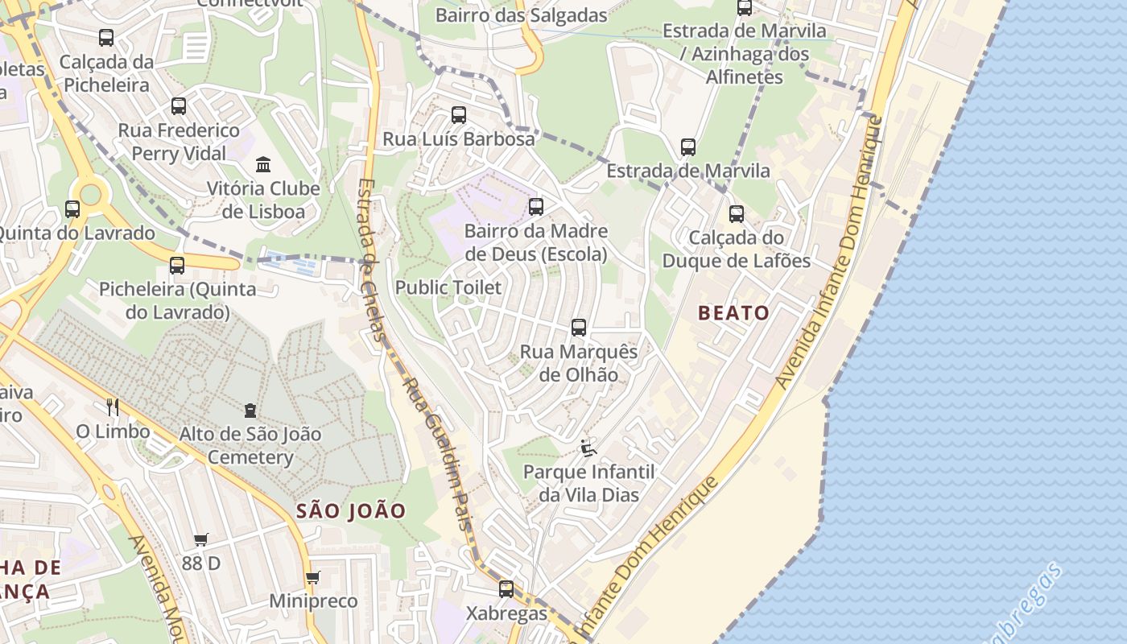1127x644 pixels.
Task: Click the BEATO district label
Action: point(733,313)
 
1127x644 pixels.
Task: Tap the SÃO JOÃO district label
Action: point(351,510)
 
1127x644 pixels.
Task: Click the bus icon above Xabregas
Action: point(506,589)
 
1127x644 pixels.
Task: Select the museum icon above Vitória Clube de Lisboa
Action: point(263,165)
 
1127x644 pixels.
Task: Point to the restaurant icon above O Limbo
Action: point(113,407)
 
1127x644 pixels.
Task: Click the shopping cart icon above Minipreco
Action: point(312,577)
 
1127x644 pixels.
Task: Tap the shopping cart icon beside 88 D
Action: point(200,539)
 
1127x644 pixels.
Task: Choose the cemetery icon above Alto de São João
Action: point(250,411)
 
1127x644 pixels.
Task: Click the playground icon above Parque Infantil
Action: point(588,448)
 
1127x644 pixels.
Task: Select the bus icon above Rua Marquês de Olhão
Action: point(579,328)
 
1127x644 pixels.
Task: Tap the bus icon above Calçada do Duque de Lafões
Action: point(737,214)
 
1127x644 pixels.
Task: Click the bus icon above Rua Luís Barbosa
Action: point(459,115)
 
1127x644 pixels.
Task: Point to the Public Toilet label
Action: point(448,287)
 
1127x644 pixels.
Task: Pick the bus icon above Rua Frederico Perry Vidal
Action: point(179,106)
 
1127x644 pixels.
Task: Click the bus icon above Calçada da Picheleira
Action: point(106,38)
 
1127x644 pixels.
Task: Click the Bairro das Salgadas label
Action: point(521,15)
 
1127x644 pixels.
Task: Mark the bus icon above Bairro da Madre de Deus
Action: point(536,207)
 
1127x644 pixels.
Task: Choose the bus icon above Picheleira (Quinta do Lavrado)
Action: point(177,266)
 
